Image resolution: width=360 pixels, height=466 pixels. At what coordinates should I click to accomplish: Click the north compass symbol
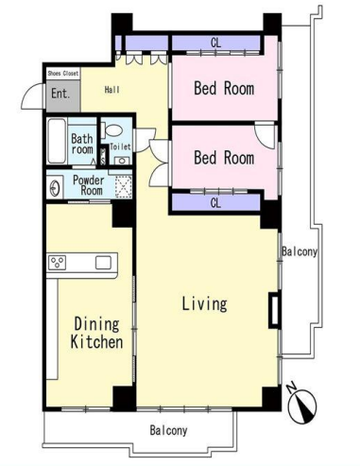click(302, 403)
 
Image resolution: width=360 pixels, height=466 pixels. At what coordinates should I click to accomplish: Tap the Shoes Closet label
click(62, 74)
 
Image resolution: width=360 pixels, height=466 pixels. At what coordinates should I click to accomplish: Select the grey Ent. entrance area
click(62, 95)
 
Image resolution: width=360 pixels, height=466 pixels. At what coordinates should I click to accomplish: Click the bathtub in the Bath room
click(57, 141)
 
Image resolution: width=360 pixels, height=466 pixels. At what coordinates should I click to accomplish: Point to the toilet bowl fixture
click(112, 129)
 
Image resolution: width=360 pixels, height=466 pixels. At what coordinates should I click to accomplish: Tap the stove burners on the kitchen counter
click(57, 263)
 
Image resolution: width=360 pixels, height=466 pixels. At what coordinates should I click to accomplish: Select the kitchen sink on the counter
click(103, 263)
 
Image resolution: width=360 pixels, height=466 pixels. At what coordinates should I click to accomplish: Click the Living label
click(204, 303)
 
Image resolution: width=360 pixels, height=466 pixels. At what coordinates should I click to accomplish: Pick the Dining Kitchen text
click(96, 333)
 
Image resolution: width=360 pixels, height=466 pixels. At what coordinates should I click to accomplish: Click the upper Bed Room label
click(224, 88)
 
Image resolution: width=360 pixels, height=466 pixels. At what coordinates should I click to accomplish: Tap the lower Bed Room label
click(224, 157)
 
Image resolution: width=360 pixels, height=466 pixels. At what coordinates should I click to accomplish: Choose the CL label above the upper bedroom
click(215, 43)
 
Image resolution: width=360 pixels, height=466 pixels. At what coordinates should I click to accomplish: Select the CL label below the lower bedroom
click(215, 203)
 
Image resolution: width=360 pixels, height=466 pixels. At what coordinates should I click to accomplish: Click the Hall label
click(112, 90)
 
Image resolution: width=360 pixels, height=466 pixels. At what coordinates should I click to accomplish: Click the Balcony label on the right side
click(300, 251)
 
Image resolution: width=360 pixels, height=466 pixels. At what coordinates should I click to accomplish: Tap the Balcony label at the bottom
click(168, 430)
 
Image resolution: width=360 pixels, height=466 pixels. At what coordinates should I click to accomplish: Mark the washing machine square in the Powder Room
click(123, 187)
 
